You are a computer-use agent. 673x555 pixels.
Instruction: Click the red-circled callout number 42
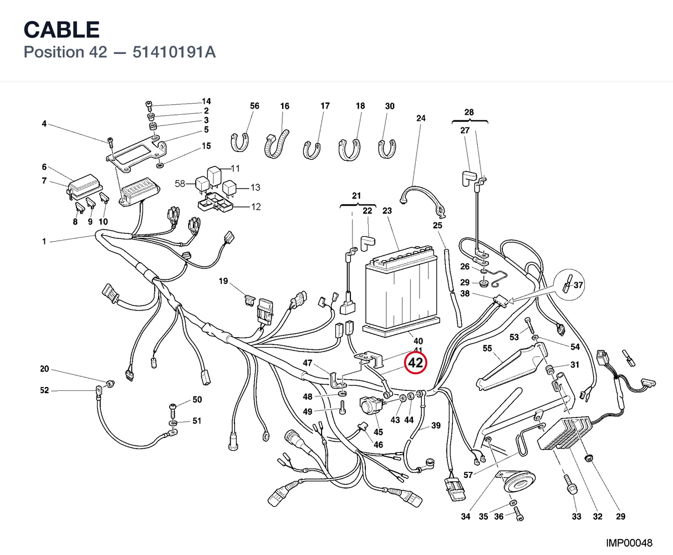(x=415, y=363)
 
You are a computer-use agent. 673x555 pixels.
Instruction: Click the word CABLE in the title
(x=62, y=29)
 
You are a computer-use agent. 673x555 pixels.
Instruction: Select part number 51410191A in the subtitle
(x=174, y=52)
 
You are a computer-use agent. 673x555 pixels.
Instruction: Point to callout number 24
(x=421, y=118)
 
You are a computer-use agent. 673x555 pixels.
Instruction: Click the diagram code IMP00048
(x=629, y=543)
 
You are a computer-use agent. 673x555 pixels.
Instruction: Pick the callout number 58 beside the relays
(x=180, y=184)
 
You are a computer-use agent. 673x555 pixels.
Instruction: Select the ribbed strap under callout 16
(x=276, y=144)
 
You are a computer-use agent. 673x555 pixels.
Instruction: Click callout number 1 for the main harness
(x=44, y=241)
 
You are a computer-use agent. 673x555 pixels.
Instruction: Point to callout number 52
(x=44, y=390)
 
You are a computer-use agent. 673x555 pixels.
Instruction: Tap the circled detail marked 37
(x=570, y=284)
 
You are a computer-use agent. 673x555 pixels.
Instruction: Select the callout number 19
(x=223, y=281)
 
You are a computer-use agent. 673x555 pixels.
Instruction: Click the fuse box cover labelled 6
(x=85, y=185)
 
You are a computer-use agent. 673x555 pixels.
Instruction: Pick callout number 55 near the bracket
(x=487, y=348)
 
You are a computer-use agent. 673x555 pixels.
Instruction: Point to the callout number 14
(x=206, y=101)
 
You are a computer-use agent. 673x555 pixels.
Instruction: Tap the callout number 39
(x=436, y=425)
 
